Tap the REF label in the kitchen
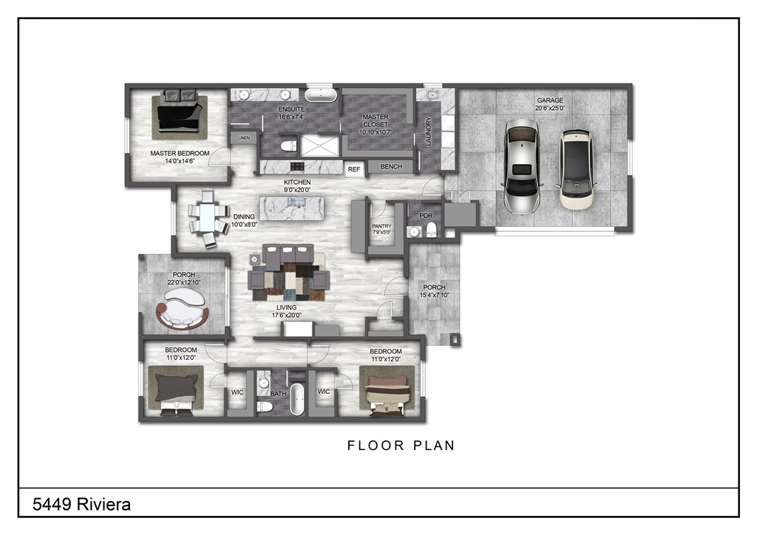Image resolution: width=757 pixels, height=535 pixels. (354, 169)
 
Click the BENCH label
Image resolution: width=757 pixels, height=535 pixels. (391, 166)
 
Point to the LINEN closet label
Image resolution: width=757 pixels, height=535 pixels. (244, 138)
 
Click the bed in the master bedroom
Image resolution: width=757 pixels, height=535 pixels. (179, 111)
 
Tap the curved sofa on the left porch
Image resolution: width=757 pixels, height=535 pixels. (182, 309)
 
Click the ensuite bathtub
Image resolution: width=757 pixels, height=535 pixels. (321, 95)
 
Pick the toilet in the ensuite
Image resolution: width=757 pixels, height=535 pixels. (289, 146)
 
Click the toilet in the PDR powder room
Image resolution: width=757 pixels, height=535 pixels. (431, 230)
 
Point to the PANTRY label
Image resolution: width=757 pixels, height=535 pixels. (381, 226)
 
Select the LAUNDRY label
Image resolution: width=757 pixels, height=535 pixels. (428, 132)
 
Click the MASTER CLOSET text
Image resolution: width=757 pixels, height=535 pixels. (376, 120)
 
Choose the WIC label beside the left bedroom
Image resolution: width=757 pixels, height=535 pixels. (237, 392)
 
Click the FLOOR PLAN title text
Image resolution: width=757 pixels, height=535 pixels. (401, 446)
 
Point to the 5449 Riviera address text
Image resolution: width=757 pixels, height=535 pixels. (81, 505)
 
